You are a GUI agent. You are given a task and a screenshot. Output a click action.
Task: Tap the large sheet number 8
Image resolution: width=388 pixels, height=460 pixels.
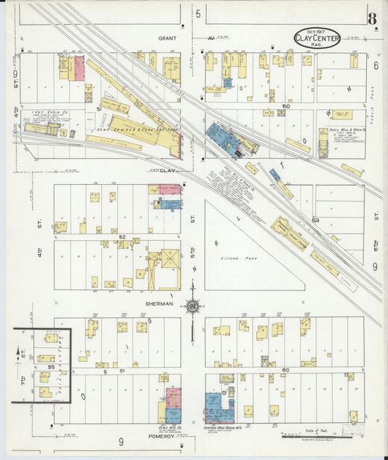pyautogui.click(x=372, y=19)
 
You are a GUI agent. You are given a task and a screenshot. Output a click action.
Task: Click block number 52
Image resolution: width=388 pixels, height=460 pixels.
pyautogui.click(x=123, y=237)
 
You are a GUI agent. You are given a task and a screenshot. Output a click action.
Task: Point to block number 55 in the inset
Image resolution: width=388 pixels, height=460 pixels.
pyautogui.click(x=51, y=368)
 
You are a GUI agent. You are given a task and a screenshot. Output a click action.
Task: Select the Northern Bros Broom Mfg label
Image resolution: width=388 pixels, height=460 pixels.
pyautogui.click(x=218, y=428)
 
